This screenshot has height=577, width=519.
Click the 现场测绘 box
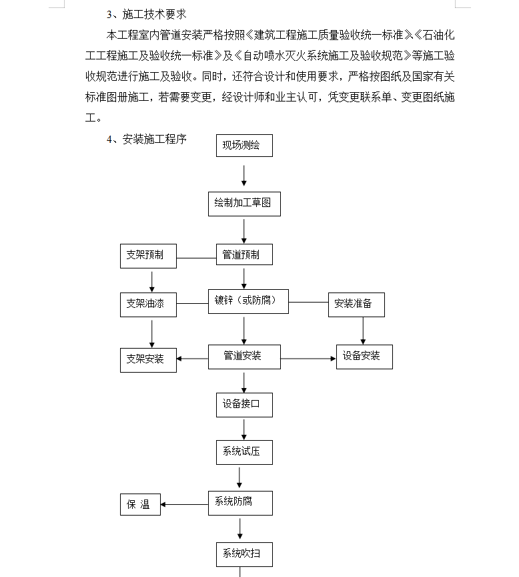coord(244,146)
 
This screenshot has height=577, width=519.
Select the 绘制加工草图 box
coord(244,204)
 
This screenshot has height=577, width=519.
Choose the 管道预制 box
coord(244,255)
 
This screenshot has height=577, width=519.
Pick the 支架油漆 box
coord(148,305)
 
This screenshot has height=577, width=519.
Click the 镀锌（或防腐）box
coord(248,301)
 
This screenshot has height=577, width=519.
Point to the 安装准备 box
coord(358,305)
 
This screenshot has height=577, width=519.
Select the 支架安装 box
coord(148,359)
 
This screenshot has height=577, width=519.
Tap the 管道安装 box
coord(243,357)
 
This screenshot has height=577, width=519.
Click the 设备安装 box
coord(364,357)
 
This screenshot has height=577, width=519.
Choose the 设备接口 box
coord(244,405)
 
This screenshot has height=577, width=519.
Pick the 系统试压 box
coord(244,452)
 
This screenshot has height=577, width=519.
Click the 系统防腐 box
coord(240,503)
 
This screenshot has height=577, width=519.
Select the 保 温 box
coord(140,505)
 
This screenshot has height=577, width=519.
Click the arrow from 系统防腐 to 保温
coord(184,505)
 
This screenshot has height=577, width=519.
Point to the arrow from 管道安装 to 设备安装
coord(308,359)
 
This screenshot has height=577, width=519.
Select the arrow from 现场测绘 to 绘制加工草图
coord(244,175)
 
